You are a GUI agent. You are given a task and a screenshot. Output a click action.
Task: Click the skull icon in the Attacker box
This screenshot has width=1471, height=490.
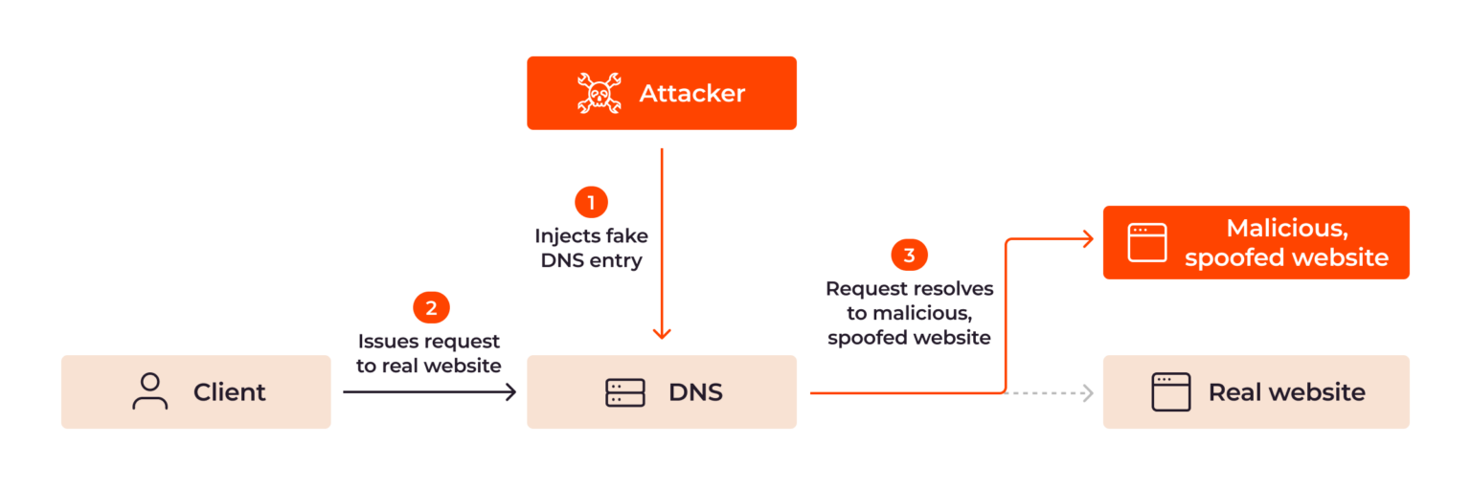point(600,93)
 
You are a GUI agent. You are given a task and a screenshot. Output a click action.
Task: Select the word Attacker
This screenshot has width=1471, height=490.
point(691,93)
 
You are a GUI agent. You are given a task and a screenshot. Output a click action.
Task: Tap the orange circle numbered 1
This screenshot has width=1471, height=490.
point(591,202)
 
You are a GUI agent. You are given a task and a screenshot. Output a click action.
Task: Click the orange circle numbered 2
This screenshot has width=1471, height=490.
point(431,307)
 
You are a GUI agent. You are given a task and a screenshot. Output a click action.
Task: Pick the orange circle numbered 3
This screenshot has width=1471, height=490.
point(909,255)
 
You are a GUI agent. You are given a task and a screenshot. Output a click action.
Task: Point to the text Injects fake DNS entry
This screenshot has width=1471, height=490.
point(591,247)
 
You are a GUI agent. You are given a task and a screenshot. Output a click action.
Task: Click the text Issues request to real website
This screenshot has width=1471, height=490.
point(429,352)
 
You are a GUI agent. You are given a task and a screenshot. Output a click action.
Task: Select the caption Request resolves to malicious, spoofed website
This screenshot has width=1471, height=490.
point(909,313)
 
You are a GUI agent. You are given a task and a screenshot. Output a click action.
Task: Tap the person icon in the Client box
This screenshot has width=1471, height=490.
point(149,391)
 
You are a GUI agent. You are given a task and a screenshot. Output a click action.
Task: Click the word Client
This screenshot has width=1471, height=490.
point(229,392)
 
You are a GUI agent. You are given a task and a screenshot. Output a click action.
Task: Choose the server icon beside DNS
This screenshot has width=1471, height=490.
point(624,392)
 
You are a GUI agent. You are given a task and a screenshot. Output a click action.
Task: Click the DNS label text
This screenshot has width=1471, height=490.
point(695,392)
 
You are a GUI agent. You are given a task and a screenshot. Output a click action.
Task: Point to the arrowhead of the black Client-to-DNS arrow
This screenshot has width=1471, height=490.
point(511,391)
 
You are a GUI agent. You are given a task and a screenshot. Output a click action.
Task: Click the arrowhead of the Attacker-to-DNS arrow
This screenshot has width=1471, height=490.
point(661,333)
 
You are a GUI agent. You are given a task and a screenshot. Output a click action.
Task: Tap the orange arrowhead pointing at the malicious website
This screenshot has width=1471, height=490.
point(1088,239)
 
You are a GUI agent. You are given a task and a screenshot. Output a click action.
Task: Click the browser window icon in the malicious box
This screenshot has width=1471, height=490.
point(1147,243)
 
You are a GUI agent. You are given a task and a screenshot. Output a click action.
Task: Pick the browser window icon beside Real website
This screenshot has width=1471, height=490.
point(1170,392)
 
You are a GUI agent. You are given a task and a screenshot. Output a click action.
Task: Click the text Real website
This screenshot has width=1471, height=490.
point(1286,392)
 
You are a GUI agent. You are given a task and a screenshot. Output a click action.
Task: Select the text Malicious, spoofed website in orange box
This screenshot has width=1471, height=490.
point(1286,243)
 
